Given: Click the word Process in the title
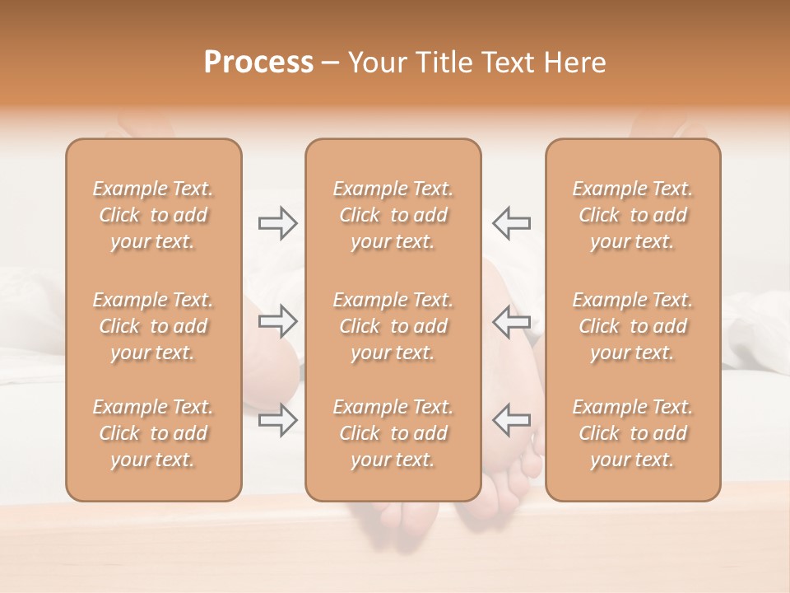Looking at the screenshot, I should pyautogui.click(x=258, y=63).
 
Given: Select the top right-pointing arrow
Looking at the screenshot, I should pyautogui.click(x=277, y=223).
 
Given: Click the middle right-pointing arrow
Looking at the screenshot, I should pyautogui.click(x=277, y=321).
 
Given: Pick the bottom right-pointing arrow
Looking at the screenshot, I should pyautogui.click(x=277, y=419).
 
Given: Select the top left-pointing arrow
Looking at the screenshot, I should pyautogui.click(x=512, y=223).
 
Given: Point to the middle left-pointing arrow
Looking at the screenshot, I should pyautogui.click(x=512, y=321).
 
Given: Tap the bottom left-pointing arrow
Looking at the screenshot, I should pyautogui.click(x=512, y=419).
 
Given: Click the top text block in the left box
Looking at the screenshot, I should pyautogui.click(x=153, y=215).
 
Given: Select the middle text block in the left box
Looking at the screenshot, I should pyautogui.click(x=153, y=326).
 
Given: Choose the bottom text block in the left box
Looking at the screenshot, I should pyautogui.click(x=153, y=433).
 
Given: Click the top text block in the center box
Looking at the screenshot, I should pyautogui.click(x=393, y=215).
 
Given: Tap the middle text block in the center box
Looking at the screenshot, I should pyautogui.click(x=393, y=326).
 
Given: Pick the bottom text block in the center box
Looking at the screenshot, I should pyautogui.click(x=393, y=433).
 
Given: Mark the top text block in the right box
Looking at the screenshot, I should pyautogui.click(x=633, y=215).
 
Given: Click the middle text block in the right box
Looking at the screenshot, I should pyautogui.click(x=633, y=326).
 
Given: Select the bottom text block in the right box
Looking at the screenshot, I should pyautogui.click(x=633, y=433).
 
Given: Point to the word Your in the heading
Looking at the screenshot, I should pyautogui.click(x=378, y=63).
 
